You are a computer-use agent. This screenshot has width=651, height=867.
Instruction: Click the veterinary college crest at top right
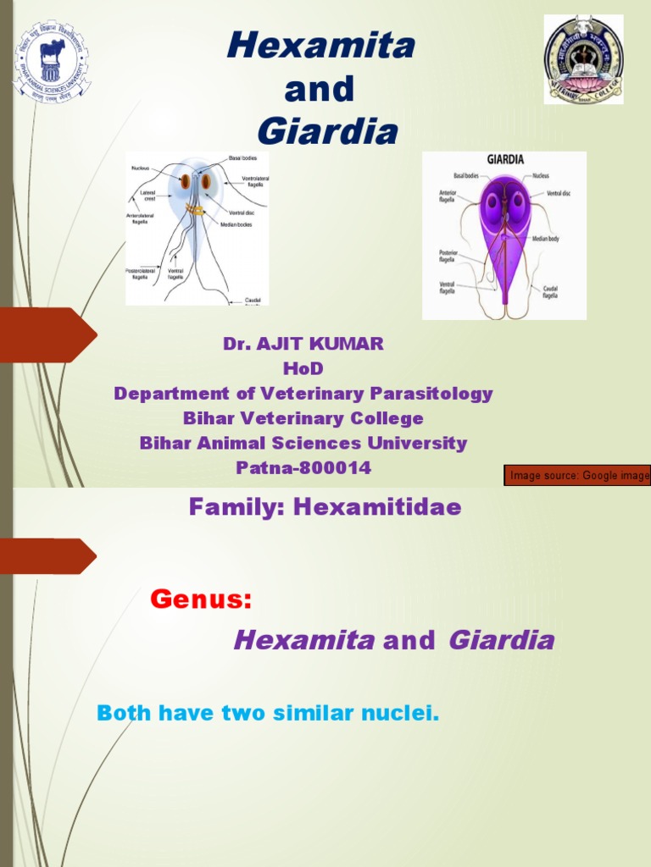pyautogui.click(x=584, y=59)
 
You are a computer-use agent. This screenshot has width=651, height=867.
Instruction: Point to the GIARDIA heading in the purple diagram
pyautogui.click(x=505, y=159)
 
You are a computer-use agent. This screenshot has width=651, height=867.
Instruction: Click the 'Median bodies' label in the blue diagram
pyautogui.click(x=236, y=224)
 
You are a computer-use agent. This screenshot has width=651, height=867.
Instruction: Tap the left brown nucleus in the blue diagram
pyautogui.click(x=185, y=181)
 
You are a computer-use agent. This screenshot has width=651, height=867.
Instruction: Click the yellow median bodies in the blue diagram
pyautogui.click(x=196, y=209)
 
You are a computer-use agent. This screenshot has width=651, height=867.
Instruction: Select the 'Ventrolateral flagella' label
pyautogui.click(x=255, y=182)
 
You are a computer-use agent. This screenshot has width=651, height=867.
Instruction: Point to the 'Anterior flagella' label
pyautogui.click(x=448, y=196)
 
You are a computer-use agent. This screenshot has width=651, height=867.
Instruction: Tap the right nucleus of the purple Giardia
pyautogui.click(x=518, y=202)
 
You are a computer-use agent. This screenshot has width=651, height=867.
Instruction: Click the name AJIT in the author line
pyautogui.click(x=284, y=344)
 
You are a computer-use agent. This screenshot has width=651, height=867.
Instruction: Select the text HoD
pyautogui.click(x=303, y=368)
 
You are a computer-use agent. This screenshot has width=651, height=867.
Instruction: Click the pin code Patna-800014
pyautogui.click(x=303, y=468)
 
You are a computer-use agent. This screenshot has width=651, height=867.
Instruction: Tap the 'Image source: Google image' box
pyautogui.click(x=578, y=476)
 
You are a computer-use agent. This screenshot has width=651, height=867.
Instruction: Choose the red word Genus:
pyautogui.click(x=201, y=600)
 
